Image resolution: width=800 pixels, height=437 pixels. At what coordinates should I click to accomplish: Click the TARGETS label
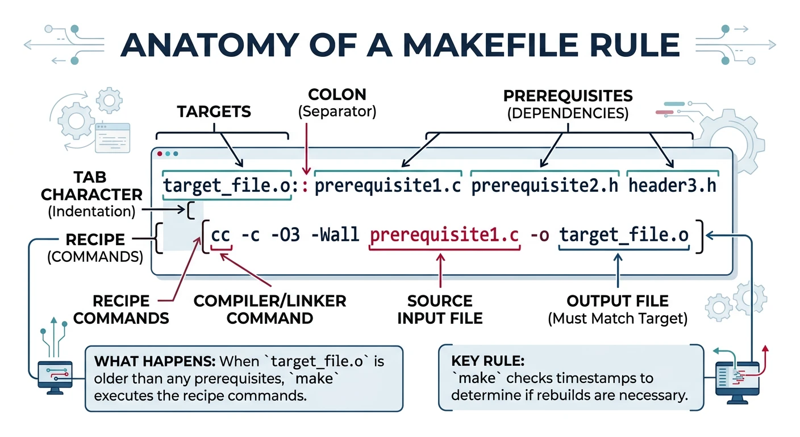[x=214, y=112]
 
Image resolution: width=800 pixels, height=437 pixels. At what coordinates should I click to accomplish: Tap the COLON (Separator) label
[x=338, y=102]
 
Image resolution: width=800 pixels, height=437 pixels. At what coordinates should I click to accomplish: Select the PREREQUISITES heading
[x=568, y=94]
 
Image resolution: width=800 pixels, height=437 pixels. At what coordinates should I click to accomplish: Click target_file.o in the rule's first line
[x=227, y=186]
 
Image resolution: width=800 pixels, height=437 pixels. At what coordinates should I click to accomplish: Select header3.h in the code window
[x=672, y=186]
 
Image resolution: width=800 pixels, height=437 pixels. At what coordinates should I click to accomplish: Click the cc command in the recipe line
[x=220, y=235]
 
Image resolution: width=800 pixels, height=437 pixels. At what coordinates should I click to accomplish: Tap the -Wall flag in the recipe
[x=336, y=235]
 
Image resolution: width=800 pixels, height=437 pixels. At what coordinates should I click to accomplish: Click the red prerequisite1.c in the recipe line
[x=444, y=235]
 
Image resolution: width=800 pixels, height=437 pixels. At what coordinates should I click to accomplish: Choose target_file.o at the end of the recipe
[x=624, y=235]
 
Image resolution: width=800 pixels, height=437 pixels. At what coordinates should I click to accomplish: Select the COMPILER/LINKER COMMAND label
[x=270, y=309]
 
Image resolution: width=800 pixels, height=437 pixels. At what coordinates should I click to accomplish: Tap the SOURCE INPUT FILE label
[x=440, y=309]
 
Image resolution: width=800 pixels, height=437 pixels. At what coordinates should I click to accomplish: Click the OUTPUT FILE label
[x=618, y=301]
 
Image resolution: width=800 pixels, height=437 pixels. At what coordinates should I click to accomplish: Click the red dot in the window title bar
[x=160, y=154]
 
